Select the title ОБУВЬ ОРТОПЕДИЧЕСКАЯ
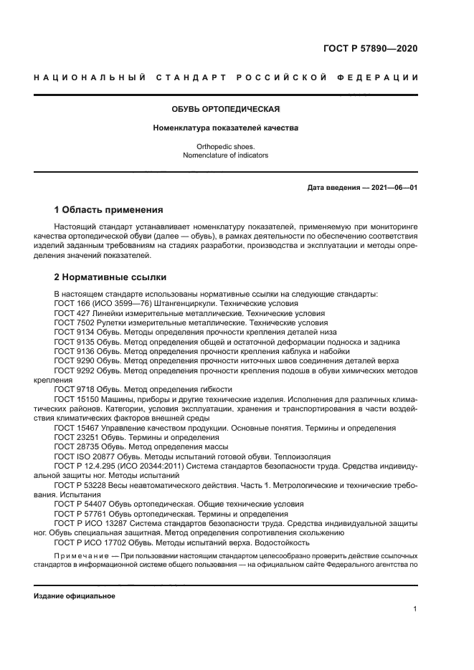tap(224, 110)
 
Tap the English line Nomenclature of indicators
tap(224, 155)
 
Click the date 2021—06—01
tap(392, 188)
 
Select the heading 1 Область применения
tap(108, 210)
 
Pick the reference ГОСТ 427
tap(70, 313)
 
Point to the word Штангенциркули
tap(164, 304)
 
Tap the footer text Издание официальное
tap(74, 596)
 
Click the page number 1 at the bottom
tap(416, 609)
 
